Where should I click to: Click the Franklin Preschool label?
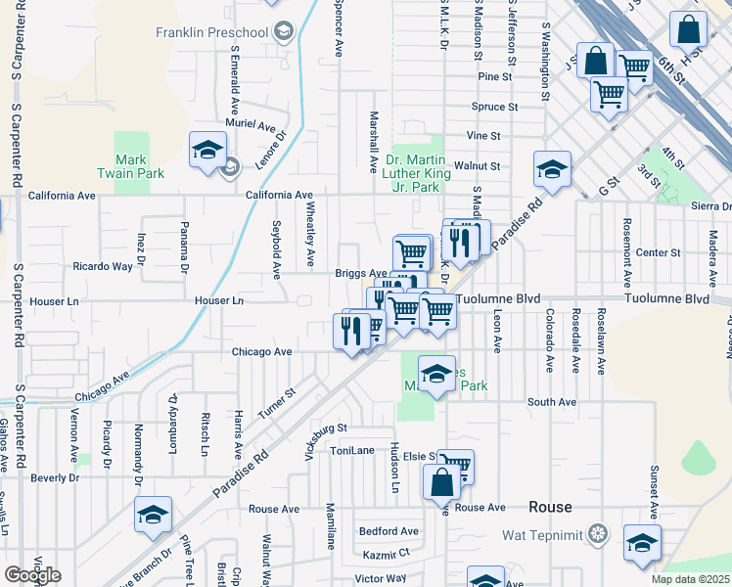(211, 32)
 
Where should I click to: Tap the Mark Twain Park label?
(130, 166)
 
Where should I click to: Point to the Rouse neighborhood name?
(550, 507)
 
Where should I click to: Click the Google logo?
(32, 575)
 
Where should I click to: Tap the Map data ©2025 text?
(691, 579)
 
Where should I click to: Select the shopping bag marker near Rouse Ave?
(441, 482)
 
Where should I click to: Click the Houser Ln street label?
(218, 300)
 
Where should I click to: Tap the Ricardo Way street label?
(103, 266)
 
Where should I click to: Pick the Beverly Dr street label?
(54, 477)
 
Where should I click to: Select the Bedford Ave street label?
(389, 531)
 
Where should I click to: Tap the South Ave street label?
(551, 402)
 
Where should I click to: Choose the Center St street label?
(651, 252)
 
